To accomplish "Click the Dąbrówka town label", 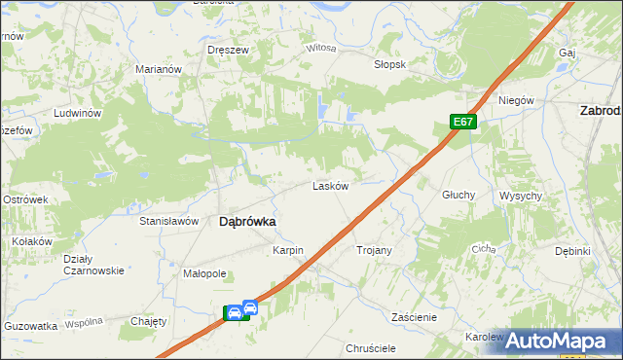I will (247, 221).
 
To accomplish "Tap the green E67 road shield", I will (463, 122).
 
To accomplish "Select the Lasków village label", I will (330, 186).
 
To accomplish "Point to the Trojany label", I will (374, 250).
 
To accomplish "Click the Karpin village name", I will (288, 250).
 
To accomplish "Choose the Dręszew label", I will (228, 50).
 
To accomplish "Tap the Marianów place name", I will (160, 70).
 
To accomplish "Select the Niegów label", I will (517, 100).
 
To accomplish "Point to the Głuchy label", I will (458, 195).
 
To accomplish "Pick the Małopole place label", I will (204, 274).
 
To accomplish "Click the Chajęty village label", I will (149, 321).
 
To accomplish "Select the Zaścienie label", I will (414, 317).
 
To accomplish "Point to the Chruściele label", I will (371, 347).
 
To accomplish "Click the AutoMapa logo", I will (554, 341).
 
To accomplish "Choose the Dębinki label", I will (573, 251).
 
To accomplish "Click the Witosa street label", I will (321, 48).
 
